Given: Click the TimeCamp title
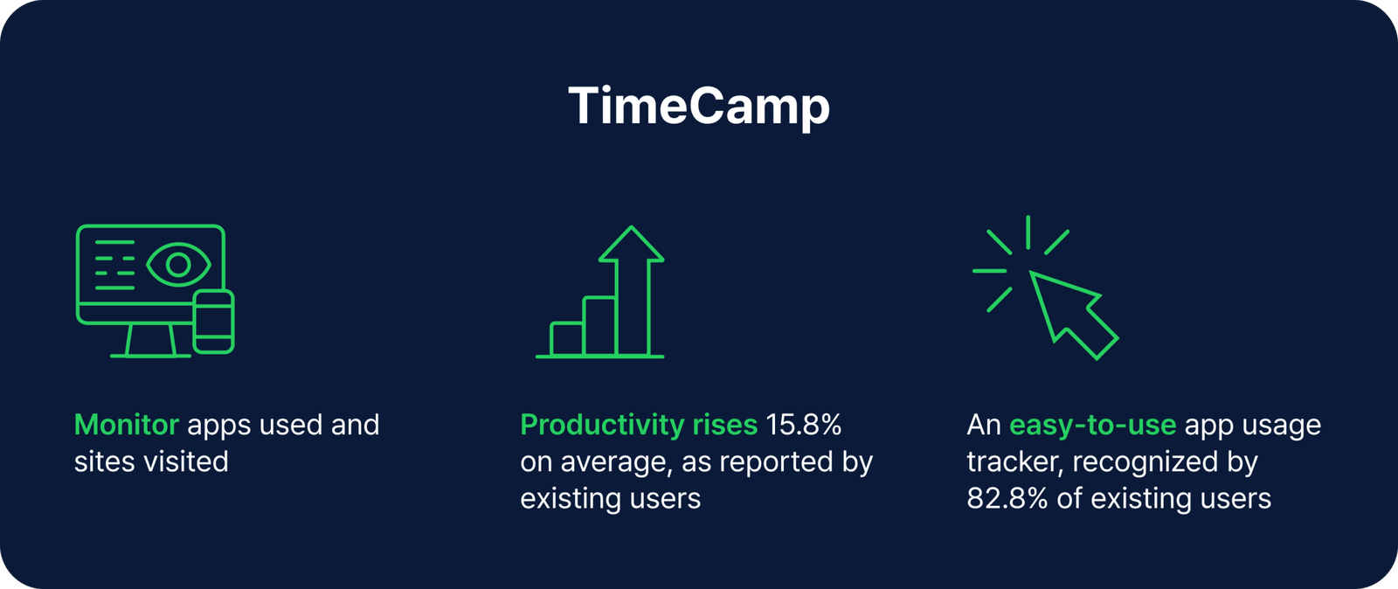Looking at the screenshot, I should pos(698,107).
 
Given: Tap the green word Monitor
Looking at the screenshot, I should pos(127,425).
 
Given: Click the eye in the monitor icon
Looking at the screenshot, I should pos(178,264).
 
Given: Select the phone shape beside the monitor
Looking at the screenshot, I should pos(213,322).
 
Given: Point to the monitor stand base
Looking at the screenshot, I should pos(150,355).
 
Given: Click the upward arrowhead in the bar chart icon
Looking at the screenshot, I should pos(631,245).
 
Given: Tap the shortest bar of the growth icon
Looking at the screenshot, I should pos(567,339).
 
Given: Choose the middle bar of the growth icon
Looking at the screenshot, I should pos(599,326).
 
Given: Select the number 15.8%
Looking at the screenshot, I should pos(803,425).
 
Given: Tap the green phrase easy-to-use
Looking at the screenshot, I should pos(1092,425).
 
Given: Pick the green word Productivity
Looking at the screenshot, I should pos(602,425).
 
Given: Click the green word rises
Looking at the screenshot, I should pos(724,425).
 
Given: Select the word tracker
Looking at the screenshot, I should pos(1011,461).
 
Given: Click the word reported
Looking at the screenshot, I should pos(769,461).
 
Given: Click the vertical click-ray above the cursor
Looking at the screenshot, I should pos(1028,232).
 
